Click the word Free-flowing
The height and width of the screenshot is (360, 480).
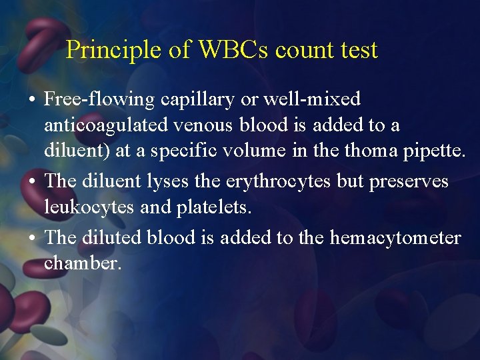(x=99, y=100)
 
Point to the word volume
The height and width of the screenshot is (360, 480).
(x=259, y=151)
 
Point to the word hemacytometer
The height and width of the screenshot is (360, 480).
(x=395, y=238)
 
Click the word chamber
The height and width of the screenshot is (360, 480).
(x=83, y=263)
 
